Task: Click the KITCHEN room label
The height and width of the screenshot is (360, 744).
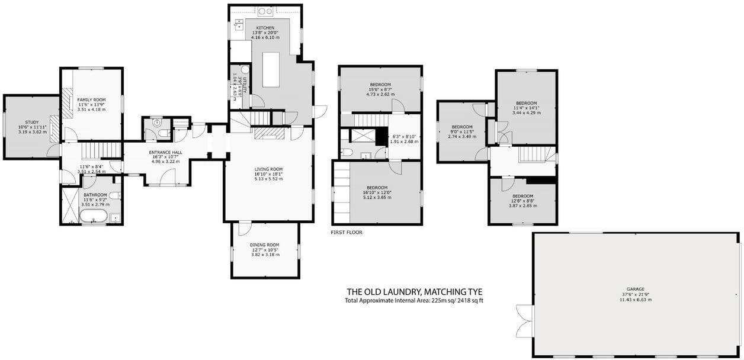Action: [265, 28]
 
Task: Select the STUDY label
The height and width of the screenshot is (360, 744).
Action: [31, 122]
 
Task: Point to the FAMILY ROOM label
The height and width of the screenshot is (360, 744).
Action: [91, 99]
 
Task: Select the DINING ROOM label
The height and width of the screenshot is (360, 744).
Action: [264, 245]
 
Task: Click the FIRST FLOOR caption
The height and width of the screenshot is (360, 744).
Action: [347, 233]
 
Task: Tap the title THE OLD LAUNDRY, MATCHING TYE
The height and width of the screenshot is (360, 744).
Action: [414, 292]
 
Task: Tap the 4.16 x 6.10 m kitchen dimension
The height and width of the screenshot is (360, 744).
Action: [265, 37]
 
